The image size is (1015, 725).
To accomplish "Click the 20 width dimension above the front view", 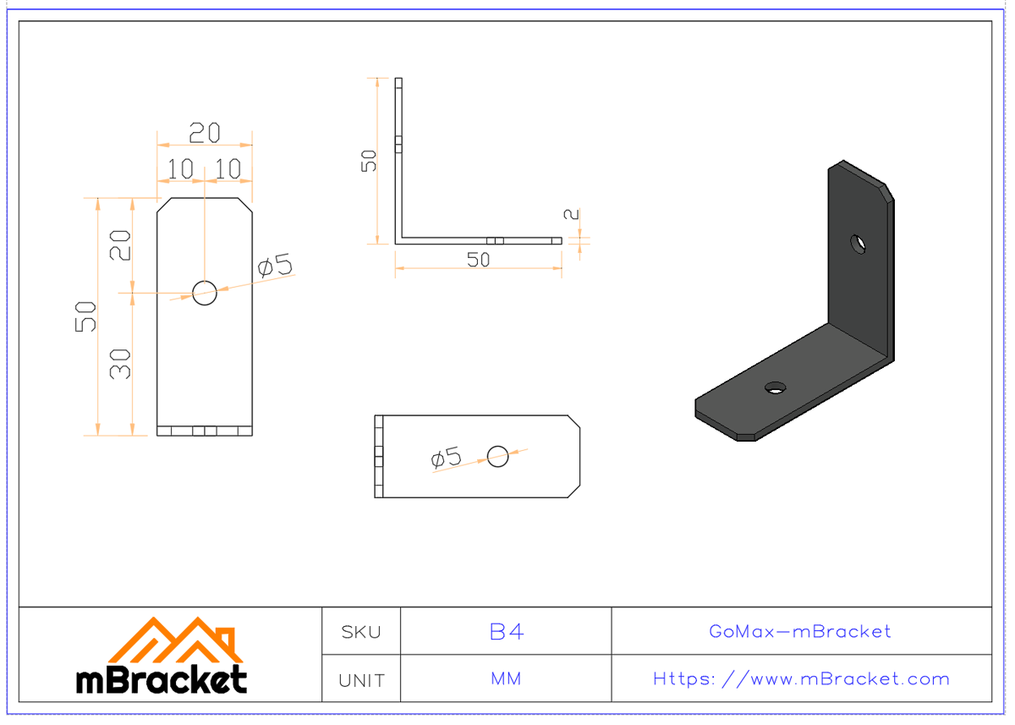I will click(204, 133).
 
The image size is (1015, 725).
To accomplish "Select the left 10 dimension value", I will click(180, 169).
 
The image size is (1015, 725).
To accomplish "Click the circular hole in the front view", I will click(205, 293).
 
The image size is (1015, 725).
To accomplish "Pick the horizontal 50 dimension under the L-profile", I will click(479, 260).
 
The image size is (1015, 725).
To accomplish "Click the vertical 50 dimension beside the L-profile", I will click(370, 160).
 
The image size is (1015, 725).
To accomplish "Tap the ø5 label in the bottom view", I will click(447, 459).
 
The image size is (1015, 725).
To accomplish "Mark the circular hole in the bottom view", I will click(497, 456).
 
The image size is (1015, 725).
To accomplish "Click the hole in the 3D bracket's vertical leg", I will click(859, 244).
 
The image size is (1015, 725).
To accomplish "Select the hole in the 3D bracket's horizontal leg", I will click(774, 387).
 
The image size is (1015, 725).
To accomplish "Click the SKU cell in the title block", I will click(361, 632).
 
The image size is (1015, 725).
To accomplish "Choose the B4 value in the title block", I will click(506, 632).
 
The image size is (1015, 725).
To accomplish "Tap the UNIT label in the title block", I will click(361, 680).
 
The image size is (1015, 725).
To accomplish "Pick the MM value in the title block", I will click(506, 679).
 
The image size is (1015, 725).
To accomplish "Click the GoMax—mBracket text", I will click(800, 632).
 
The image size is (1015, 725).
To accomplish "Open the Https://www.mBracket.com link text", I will click(801, 679).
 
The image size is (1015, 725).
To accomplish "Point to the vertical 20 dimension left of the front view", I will click(121, 245).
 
